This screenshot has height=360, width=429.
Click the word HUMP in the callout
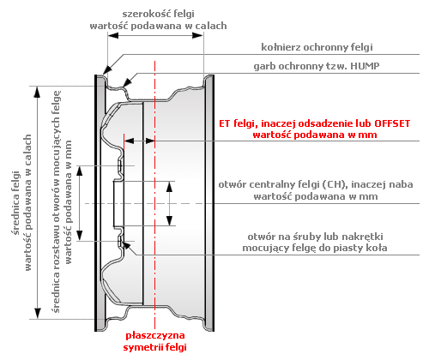[x=365, y=66]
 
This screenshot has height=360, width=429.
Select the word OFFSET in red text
[x=392, y=123]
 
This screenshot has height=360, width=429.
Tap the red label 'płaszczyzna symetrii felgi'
[x=155, y=341]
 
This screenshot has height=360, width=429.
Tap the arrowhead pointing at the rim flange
[x=107, y=70]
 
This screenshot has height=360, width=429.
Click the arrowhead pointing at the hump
[x=127, y=82]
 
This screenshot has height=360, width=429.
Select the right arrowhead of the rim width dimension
[x=197, y=35]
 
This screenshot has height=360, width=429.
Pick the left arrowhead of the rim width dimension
[x=113, y=35]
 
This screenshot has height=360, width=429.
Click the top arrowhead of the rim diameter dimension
[x=38, y=92]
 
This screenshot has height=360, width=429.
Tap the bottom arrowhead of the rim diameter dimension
[x=38, y=313]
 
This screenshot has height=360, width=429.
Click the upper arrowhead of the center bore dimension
[x=170, y=187]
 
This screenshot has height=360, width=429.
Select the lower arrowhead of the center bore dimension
[x=170, y=220]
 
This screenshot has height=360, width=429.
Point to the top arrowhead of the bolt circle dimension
[x=80, y=171]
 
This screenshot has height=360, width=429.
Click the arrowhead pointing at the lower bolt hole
[x=126, y=245]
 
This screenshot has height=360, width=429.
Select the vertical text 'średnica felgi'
[x=16, y=203]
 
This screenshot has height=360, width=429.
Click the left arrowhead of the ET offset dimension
[x=130, y=141]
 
